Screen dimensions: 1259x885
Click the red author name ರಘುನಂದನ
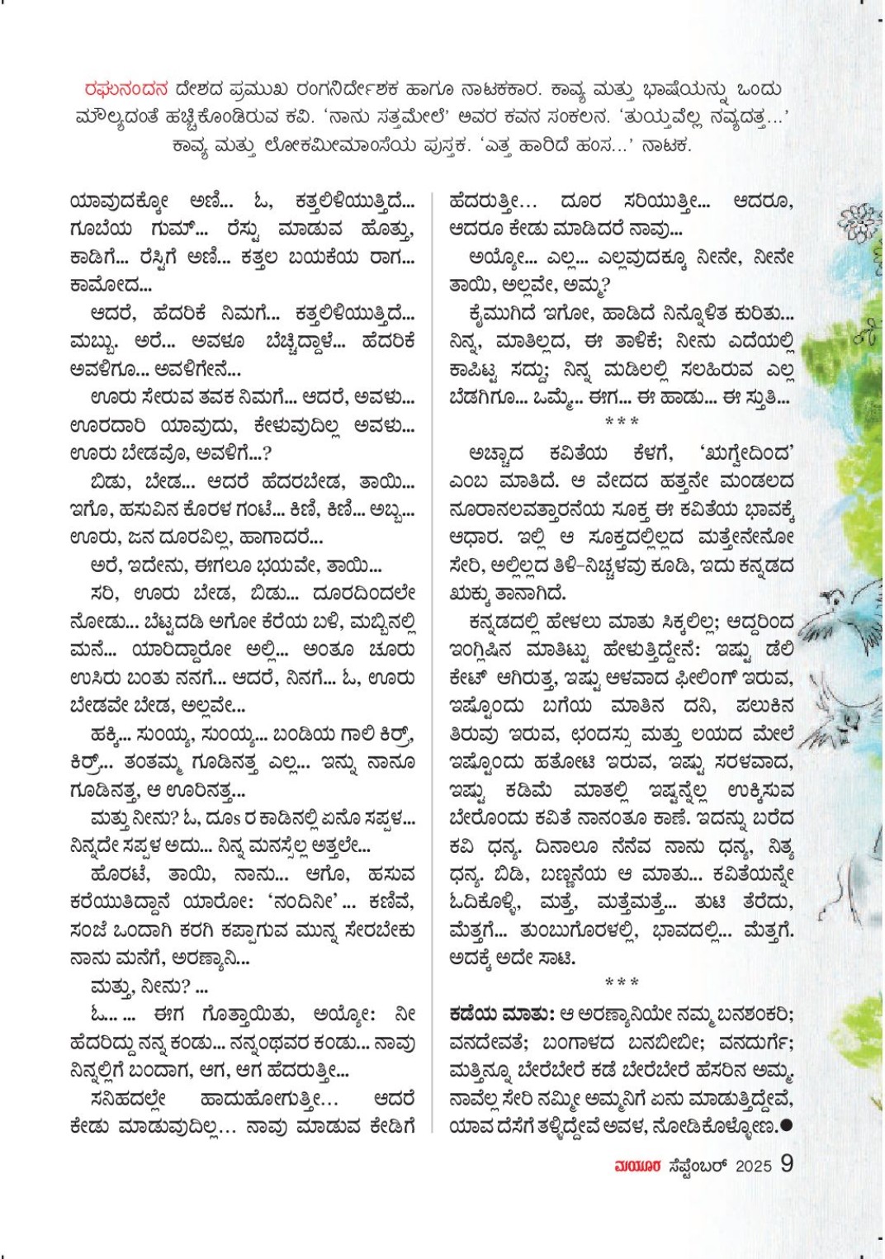126,89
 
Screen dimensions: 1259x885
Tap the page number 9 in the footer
787,1163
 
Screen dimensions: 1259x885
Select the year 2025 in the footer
753,1166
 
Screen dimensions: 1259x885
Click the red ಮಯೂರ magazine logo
637,1166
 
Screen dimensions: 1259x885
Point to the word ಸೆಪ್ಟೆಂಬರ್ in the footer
698,1166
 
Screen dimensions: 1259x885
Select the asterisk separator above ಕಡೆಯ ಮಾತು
622,982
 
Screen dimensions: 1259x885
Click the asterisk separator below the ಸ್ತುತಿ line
622,422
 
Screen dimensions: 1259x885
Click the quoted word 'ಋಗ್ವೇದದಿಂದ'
746,452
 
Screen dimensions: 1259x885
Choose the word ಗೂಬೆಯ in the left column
102,229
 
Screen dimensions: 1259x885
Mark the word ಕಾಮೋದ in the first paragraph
110,285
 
